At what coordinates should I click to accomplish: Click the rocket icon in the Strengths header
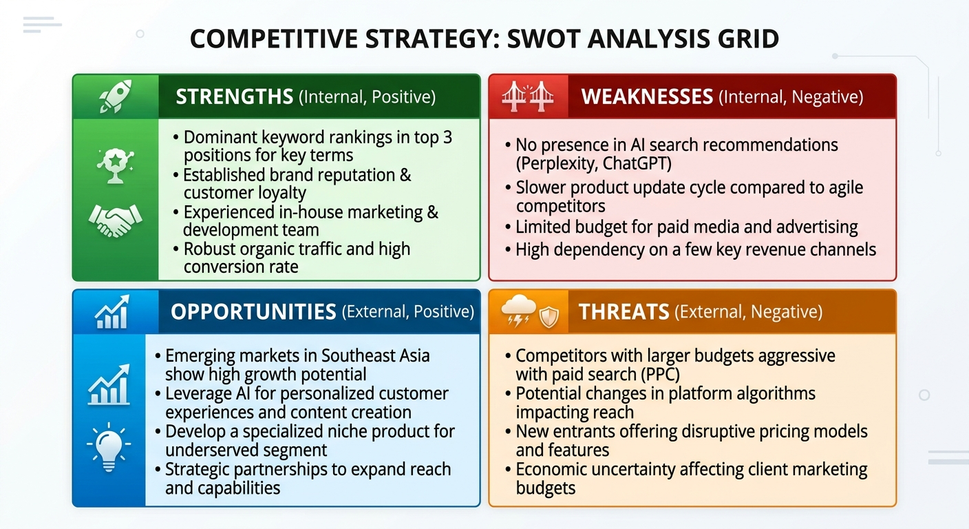(x=115, y=96)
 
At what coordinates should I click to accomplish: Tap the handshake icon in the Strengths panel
(x=114, y=220)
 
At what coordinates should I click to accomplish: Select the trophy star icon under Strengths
(x=114, y=163)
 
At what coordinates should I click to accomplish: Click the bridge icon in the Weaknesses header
(x=528, y=96)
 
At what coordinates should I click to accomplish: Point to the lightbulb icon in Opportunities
(x=109, y=446)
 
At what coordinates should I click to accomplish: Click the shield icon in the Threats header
(x=549, y=317)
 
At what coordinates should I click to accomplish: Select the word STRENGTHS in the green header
(x=234, y=97)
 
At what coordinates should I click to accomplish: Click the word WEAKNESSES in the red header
(x=647, y=97)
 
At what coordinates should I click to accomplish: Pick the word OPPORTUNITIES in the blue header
(x=253, y=312)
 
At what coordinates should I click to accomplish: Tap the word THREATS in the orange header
(x=624, y=312)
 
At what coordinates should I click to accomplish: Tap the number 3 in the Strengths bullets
(x=447, y=137)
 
